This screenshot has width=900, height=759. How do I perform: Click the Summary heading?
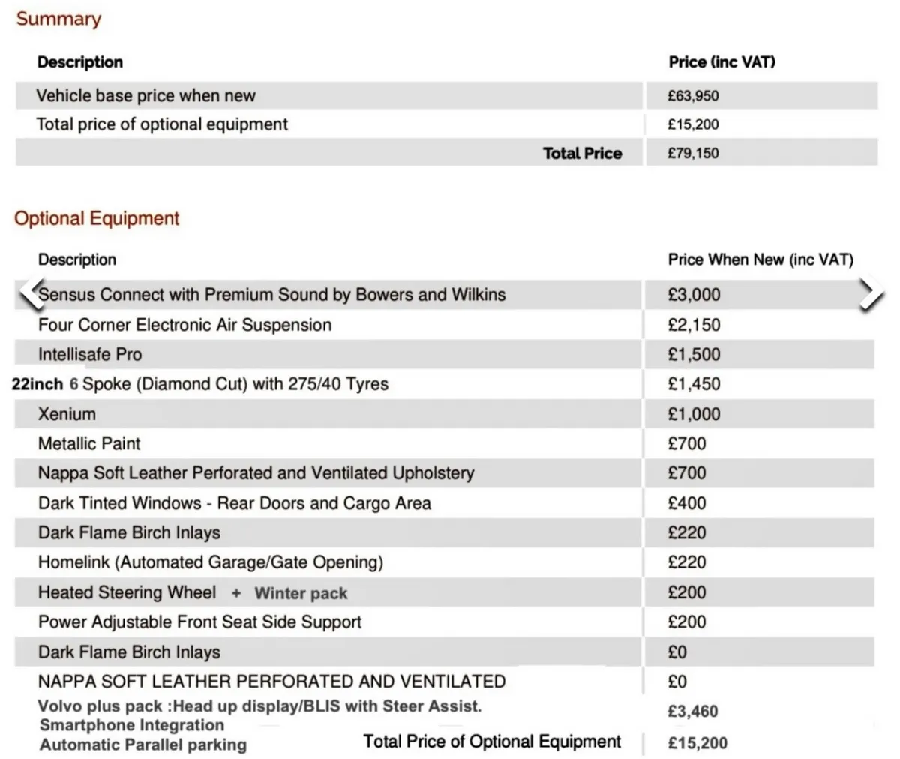[58, 19]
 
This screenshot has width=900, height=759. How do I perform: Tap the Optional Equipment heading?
[97, 218]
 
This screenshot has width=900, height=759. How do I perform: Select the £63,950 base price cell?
[693, 96]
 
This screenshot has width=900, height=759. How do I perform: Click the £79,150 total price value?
[693, 154]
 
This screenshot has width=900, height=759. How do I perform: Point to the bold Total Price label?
[582, 154]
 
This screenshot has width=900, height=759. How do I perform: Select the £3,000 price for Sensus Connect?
[694, 295]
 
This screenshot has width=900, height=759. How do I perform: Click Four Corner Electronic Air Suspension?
[184, 325]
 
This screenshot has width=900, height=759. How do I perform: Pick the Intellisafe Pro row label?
[90, 354]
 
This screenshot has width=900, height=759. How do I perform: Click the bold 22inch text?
[37, 384]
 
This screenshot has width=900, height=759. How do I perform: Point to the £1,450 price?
[694, 384]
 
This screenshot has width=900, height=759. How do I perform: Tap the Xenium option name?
[67, 414]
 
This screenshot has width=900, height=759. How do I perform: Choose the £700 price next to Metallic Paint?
[687, 443]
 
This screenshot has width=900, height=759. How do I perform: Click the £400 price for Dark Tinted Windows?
[687, 503]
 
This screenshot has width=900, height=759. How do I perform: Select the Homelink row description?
[210, 562]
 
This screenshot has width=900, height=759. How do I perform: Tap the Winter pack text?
[301, 594]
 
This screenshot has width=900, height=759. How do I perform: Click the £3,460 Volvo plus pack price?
[693, 711]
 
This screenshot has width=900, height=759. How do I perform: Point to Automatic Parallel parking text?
[143, 745]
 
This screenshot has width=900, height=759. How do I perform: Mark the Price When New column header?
[760, 259]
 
